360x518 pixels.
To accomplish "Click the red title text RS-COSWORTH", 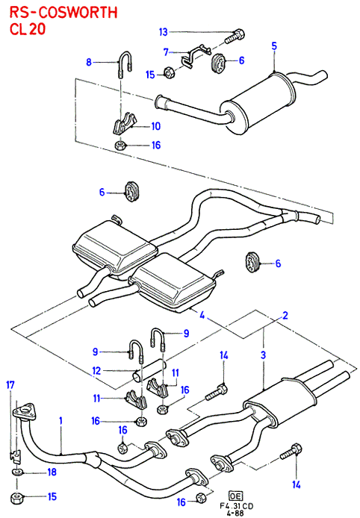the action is click(63, 13).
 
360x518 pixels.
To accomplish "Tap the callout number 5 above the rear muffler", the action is click(274, 46).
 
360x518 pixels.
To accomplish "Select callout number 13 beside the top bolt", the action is click(164, 32).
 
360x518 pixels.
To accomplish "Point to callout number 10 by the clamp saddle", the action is click(155, 126).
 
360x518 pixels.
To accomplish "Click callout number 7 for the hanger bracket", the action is click(166, 52).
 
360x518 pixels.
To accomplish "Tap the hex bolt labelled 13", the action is click(235, 37).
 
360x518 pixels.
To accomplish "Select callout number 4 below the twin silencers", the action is click(202, 314).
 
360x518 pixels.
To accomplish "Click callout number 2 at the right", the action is click(285, 315).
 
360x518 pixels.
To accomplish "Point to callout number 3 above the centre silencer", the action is click(263, 355).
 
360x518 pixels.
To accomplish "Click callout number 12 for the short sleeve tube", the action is click(96, 370).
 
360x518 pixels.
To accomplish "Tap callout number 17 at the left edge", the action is click(10, 385).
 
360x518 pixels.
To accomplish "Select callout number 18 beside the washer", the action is click(52, 472).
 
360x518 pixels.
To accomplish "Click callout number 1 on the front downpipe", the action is click(60, 420).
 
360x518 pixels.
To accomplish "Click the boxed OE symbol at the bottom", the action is click(235, 496).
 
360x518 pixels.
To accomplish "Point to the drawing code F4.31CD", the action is click(237, 506).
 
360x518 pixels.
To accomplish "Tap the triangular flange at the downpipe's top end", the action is click(24, 412).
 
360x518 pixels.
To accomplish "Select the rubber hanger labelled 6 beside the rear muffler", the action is click(217, 62).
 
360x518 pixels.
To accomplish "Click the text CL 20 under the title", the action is click(28, 29).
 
